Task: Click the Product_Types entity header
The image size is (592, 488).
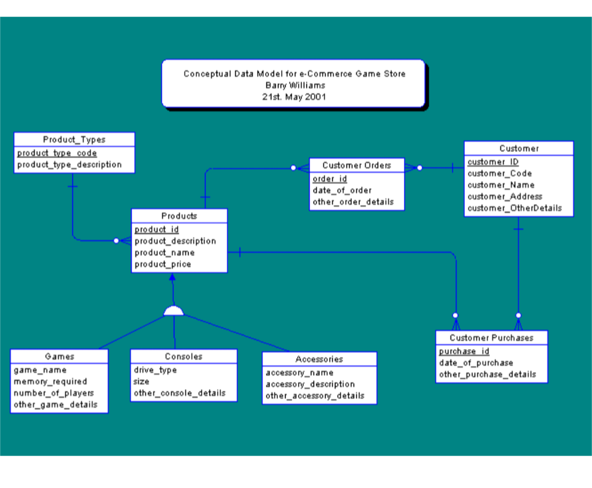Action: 74,140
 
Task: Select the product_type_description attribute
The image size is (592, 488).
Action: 70,164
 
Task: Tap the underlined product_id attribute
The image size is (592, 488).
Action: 157,229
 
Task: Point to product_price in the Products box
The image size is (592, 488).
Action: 163,264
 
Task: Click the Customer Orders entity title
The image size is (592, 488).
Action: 356,165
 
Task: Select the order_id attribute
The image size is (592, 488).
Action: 329,179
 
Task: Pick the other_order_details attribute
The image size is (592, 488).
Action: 353,202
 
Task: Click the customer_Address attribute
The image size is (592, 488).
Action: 505,197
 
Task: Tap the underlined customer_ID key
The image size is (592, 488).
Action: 493,162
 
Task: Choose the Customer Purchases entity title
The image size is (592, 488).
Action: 491,338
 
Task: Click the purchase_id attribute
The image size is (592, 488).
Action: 464,351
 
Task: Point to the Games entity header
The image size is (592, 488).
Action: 59,356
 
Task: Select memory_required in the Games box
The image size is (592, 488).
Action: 50,381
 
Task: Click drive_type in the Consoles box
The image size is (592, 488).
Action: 155,370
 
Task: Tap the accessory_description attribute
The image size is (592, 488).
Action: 310,384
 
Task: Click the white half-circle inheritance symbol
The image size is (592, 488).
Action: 173,312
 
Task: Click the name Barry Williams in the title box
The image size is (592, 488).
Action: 295,85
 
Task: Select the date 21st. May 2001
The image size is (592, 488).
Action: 295,96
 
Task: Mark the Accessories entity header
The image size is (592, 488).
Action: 319,359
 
